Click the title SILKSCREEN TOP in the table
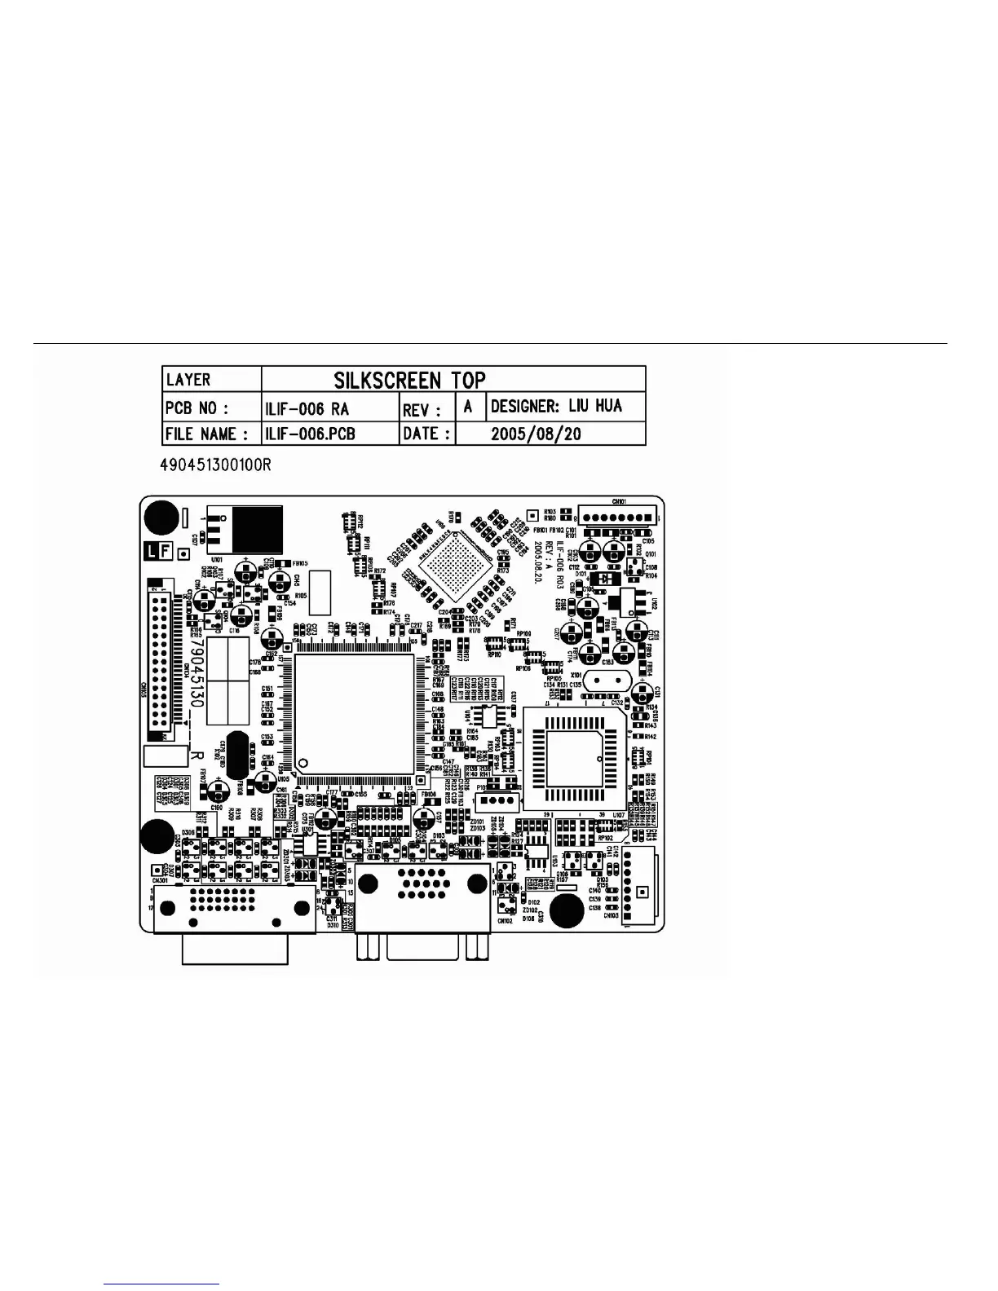[409, 380]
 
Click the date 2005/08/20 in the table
[536, 433]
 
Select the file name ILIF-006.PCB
[310, 433]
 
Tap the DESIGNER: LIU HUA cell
[556, 406]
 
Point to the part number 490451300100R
[216, 465]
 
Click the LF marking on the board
[158, 551]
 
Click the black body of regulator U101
[258, 530]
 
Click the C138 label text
[594, 908]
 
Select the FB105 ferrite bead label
[298, 563]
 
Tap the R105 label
[300, 596]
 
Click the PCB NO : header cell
[197, 407]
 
